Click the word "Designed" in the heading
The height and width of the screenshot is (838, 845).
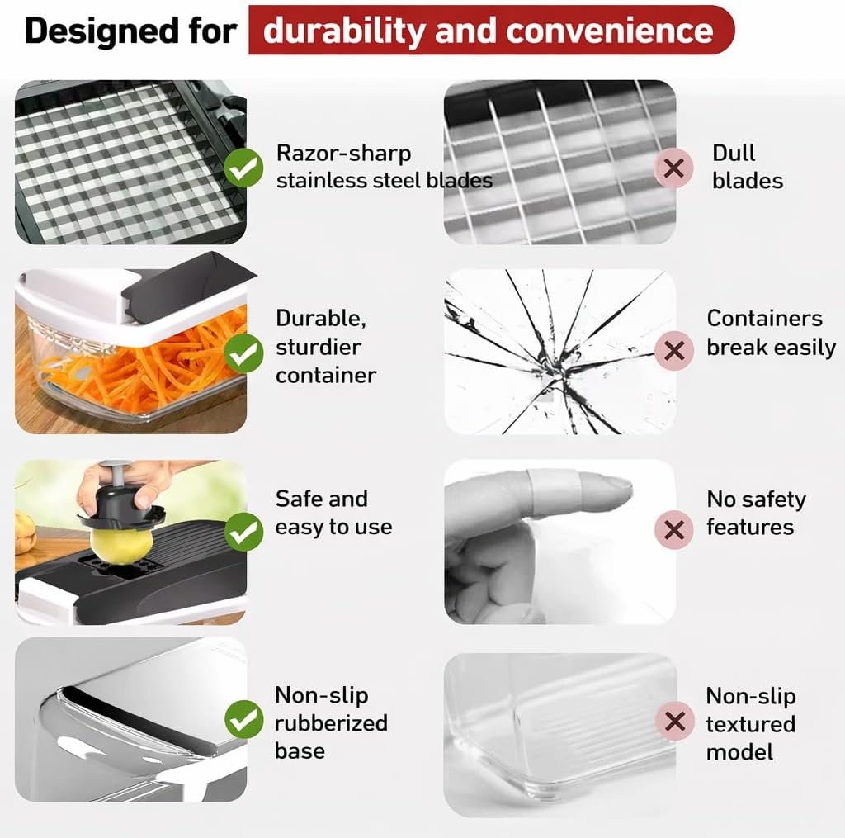pyautogui.click(x=102, y=32)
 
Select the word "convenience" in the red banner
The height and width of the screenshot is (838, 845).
pyautogui.click(x=610, y=31)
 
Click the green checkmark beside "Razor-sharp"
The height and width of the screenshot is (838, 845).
pyautogui.click(x=243, y=168)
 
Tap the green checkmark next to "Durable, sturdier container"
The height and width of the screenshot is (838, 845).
pyautogui.click(x=243, y=353)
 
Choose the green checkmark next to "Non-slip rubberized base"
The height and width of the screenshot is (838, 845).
pyautogui.click(x=243, y=719)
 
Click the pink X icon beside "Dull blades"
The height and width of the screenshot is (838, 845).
pyautogui.click(x=673, y=168)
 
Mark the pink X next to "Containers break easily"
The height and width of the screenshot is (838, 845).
pyautogui.click(x=673, y=351)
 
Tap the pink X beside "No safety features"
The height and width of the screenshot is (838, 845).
pyautogui.click(x=673, y=529)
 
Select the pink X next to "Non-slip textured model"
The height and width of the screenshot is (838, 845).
pyautogui.click(x=674, y=721)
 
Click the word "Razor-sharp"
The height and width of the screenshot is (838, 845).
pyautogui.click(x=343, y=154)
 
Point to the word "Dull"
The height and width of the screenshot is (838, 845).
pyautogui.click(x=733, y=153)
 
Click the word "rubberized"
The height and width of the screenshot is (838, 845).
pyautogui.click(x=331, y=723)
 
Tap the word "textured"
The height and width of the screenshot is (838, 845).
pyautogui.click(x=750, y=724)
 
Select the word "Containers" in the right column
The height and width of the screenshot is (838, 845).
pyautogui.click(x=764, y=318)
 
